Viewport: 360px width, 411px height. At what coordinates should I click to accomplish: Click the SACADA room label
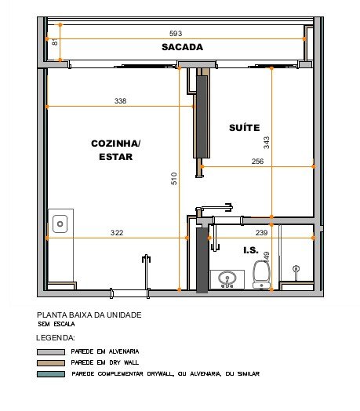(182, 47)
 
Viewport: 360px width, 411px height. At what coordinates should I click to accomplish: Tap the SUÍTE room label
(245, 128)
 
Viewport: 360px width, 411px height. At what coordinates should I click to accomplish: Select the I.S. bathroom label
(251, 250)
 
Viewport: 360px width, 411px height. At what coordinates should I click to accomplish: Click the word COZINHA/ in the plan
(115, 144)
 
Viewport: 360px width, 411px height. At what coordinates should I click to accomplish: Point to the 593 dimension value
(176, 34)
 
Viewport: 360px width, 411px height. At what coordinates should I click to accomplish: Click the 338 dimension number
(120, 101)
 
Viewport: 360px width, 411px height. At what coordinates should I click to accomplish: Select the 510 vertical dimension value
(174, 179)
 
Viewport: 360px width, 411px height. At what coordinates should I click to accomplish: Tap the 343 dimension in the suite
(266, 143)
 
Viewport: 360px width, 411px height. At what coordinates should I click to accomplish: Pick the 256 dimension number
(257, 162)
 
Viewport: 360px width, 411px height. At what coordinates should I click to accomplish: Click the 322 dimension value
(117, 233)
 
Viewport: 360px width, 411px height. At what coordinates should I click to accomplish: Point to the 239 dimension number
(261, 233)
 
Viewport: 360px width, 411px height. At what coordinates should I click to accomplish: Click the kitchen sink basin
(60, 224)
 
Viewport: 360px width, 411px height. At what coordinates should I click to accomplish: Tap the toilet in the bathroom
(261, 275)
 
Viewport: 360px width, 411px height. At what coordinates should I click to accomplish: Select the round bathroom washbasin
(227, 278)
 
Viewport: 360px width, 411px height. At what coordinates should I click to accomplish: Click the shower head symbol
(296, 269)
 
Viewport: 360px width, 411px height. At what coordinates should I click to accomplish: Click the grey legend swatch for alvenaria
(51, 351)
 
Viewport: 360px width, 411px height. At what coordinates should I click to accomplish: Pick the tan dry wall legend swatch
(51, 363)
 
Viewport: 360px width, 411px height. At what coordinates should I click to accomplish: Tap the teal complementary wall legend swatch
(51, 374)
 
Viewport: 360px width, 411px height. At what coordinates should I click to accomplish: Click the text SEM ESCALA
(56, 324)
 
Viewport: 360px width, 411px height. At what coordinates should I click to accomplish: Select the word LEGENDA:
(56, 338)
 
